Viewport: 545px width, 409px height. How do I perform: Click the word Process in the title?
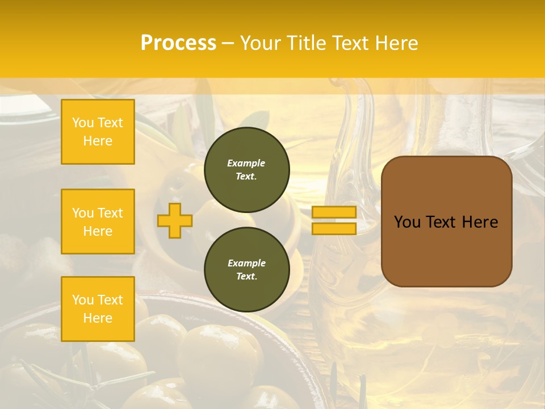click(x=178, y=43)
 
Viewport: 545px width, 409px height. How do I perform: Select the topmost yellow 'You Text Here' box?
click(x=98, y=132)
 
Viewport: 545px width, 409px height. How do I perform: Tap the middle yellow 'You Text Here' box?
click(x=98, y=222)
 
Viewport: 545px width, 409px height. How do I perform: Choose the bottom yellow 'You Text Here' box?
click(x=98, y=309)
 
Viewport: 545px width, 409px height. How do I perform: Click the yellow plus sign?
click(x=174, y=220)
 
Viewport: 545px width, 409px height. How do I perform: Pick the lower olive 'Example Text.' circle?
click(x=246, y=269)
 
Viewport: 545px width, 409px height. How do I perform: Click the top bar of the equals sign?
click(x=334, y=212)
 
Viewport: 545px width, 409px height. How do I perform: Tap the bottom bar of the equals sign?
click(x=334, y=228)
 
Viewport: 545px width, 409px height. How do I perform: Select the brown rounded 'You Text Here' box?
click(x=446, y=222)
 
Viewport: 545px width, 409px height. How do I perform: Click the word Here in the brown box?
click(x=480, y=222)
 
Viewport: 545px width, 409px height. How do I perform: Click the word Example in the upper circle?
click(x=246, y=163)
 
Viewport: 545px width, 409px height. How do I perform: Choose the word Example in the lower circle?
click(x=246, y=263)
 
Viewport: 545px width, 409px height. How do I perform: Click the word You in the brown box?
click(x=408, y=222)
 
